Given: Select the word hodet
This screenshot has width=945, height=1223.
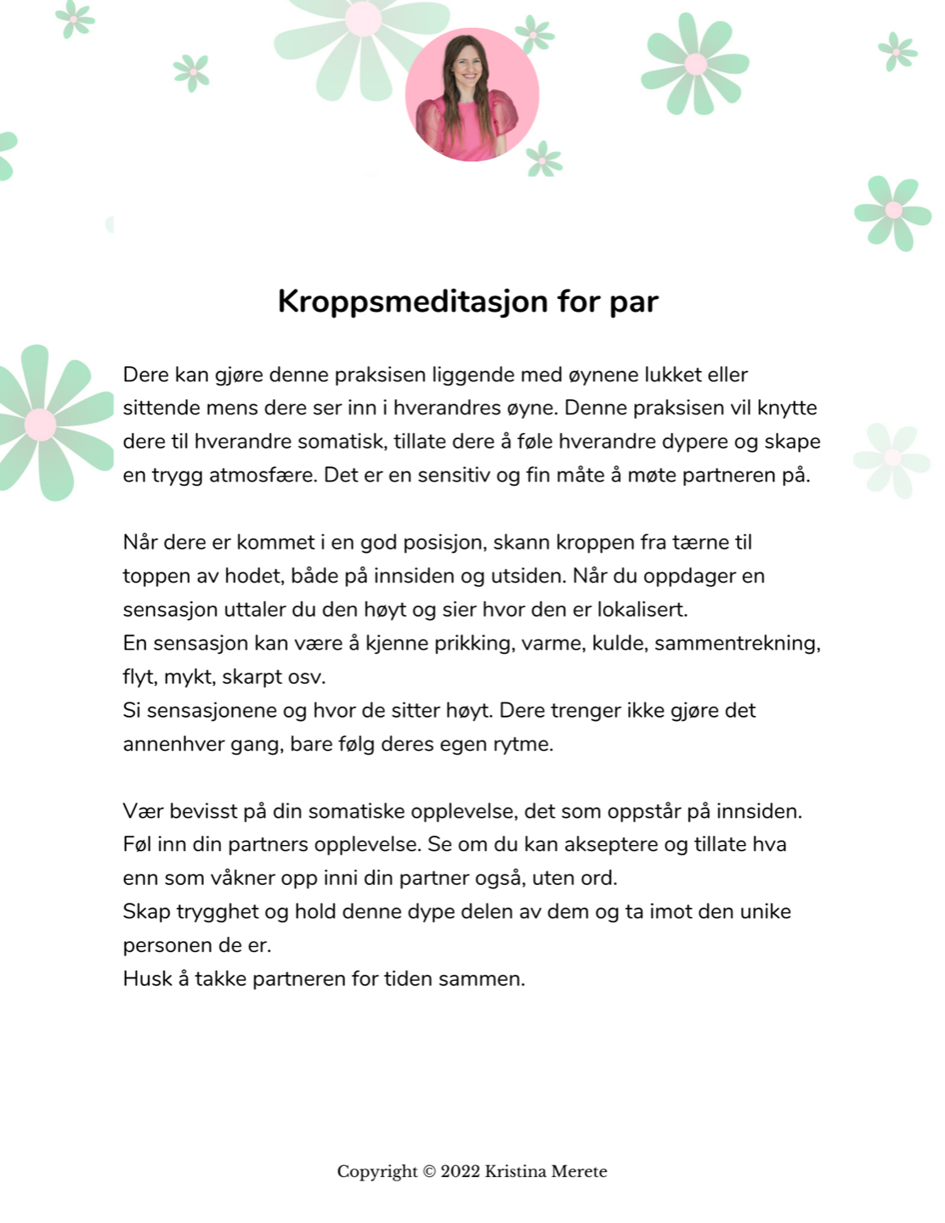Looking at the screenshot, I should pyautogui.click(x=252, y=577).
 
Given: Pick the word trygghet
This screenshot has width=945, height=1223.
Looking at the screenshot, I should pyautogui.click(x=218, y=912).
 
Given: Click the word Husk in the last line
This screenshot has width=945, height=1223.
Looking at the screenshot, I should pyautogui.click(x=147, y=979).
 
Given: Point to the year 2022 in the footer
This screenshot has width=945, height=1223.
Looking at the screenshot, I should pyautogui.click(x=461, y=1172).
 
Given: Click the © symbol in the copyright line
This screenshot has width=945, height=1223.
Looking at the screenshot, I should pyautogui.click(x=429, y=1172).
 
